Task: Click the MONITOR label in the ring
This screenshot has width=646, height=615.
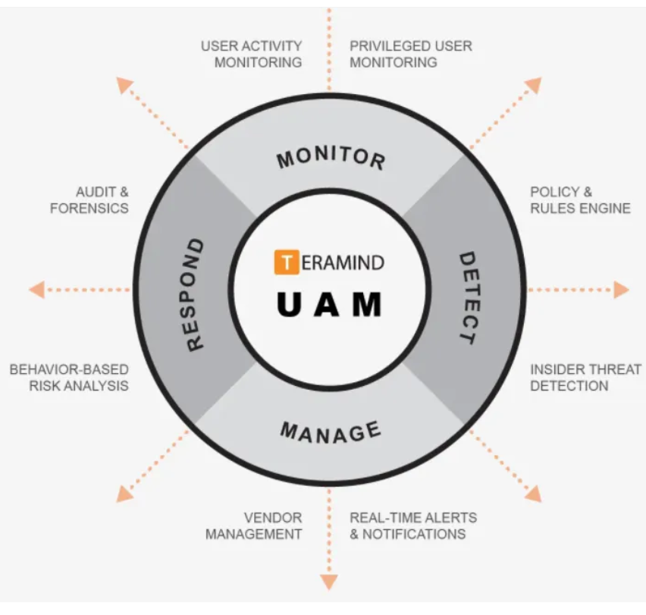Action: (331, 158)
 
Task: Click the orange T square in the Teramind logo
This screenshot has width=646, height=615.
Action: (285, 262)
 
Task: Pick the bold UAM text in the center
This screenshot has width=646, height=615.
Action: (329, 304)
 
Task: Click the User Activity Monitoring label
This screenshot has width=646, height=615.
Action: (252, 55)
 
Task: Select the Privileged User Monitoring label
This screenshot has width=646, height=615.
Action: (410, 55)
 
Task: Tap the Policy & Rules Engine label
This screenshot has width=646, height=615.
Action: (580, 200)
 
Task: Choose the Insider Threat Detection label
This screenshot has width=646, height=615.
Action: (580, 378)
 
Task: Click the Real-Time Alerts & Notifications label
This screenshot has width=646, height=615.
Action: (413, 526)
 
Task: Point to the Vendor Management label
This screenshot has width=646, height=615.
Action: (254, 526)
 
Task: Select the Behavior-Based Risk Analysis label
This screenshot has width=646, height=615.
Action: (69, 378)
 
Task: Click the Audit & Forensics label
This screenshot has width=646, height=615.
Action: (89, 200)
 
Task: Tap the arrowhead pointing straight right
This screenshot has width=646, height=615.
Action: (622, 290)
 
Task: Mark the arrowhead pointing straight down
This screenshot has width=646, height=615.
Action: (329, 582)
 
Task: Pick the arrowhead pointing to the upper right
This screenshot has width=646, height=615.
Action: (534, 84)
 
